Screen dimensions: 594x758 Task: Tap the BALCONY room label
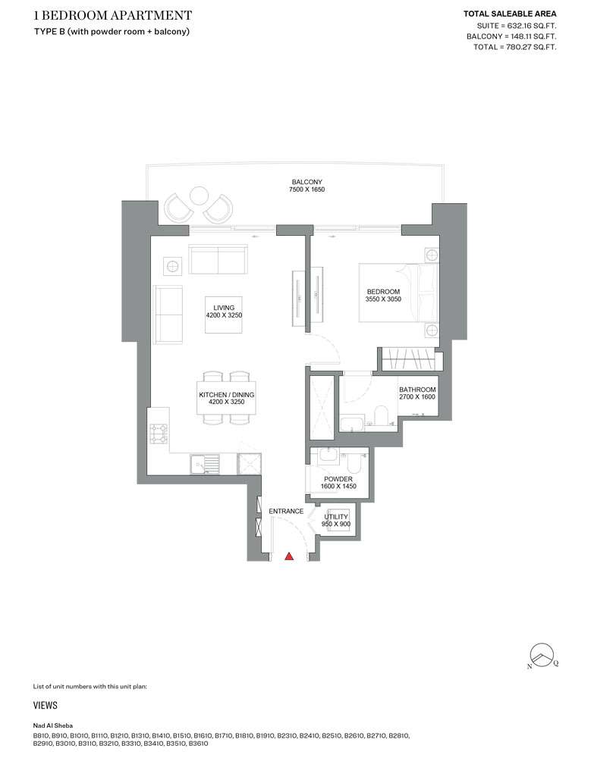(306, 182)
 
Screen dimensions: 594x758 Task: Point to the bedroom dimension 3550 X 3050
(383, 299)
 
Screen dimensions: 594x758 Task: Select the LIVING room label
(224, 308)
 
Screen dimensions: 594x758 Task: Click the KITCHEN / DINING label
(226, 394)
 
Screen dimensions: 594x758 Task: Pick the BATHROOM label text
(417, 390)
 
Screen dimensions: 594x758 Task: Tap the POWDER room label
(338, 479)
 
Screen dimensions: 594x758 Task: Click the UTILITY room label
(336, 517)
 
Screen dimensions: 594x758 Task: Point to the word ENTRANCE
(286, 511)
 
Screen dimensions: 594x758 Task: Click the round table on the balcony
(198, 196)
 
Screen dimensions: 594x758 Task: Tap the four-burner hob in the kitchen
(159, 434)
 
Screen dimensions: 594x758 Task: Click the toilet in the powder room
(353, 465)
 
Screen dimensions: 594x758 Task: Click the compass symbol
(542, 655)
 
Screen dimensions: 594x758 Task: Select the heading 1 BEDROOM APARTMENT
(113, 15)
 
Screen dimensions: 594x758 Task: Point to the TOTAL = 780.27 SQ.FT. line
(514, 47)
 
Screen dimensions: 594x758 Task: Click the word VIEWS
(46, 705)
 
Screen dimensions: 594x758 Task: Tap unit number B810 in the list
(41, 736)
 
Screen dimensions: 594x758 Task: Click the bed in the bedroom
(398, 293)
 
